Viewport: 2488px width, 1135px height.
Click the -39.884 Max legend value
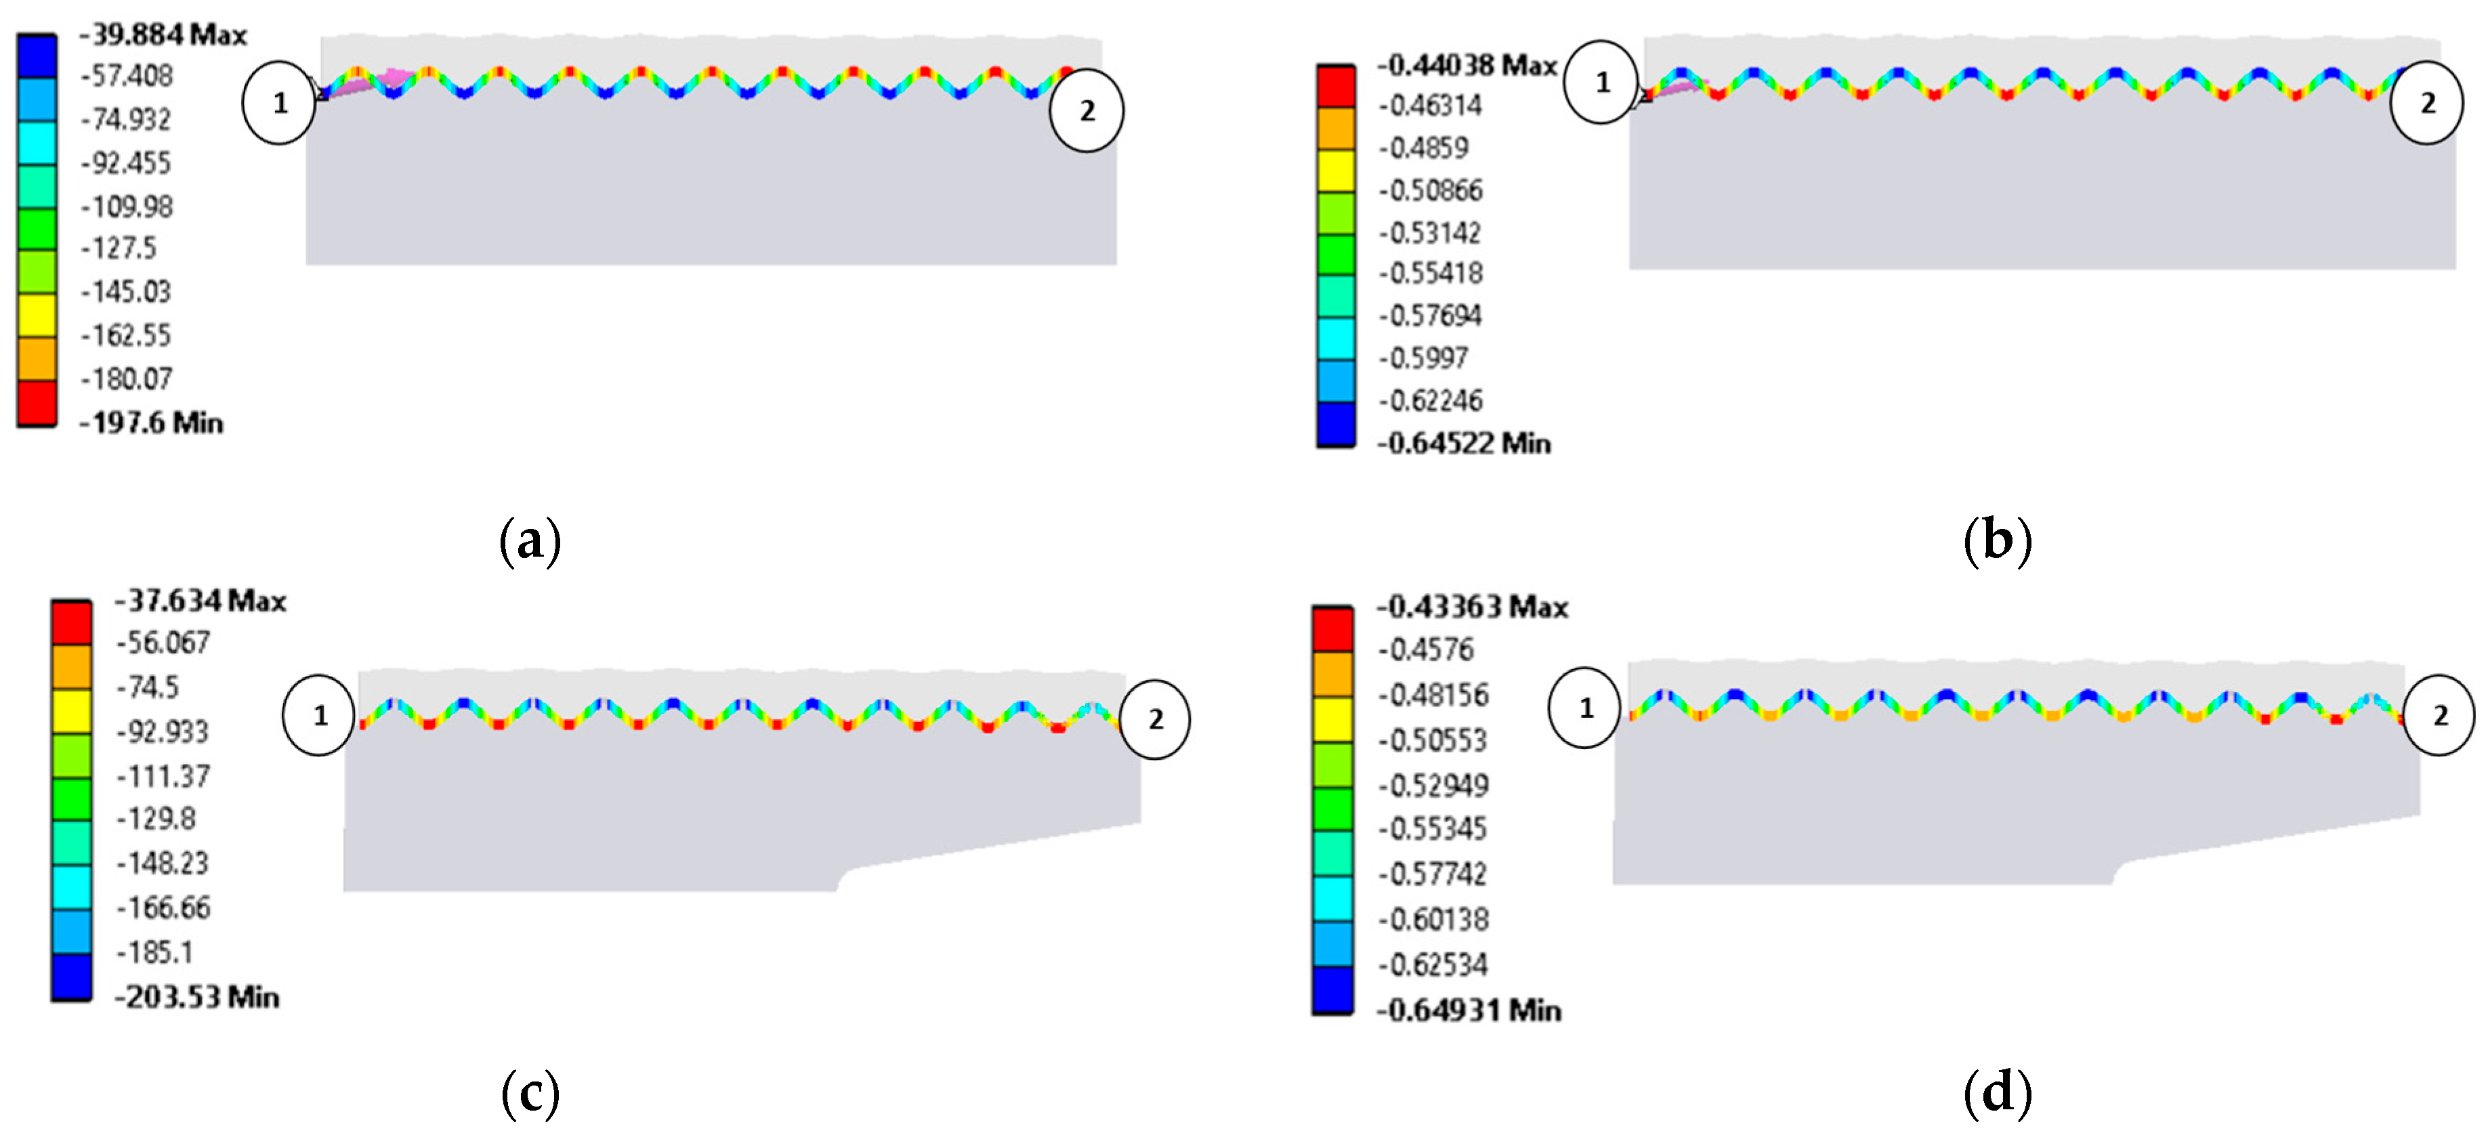click(x=163, y=35)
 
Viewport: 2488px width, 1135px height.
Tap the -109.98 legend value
click(x=127, y=206)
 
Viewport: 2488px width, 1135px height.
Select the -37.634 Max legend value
click(x=201, y=600)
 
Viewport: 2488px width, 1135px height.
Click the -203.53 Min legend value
click(x=198, y=996)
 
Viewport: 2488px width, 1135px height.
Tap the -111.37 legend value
click(x=163, y=775)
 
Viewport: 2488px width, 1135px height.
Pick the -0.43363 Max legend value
click(x=1473, y=607)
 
